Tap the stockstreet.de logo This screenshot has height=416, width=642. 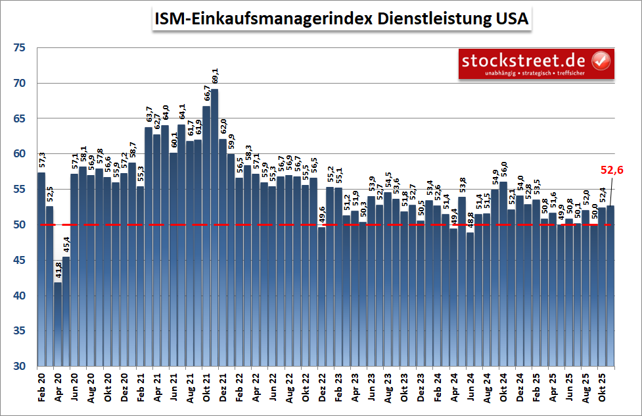pos(536,64)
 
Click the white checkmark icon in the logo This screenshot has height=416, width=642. pos(601,61)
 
